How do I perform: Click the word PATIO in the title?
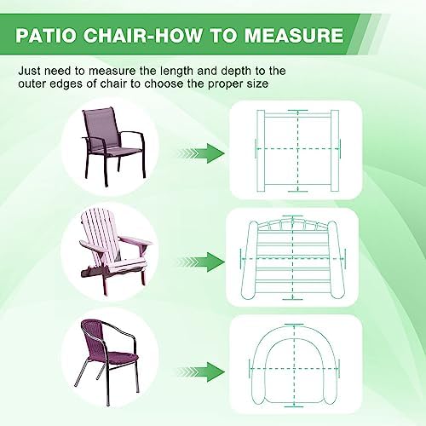46,35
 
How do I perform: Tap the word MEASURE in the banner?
294,35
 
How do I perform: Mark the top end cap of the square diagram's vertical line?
297,110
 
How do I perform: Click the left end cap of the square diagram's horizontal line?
256,148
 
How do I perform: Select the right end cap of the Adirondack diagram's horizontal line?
345,258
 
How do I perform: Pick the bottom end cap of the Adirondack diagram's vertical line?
293,299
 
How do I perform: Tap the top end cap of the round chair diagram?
294,325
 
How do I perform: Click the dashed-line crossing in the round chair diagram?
294,369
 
